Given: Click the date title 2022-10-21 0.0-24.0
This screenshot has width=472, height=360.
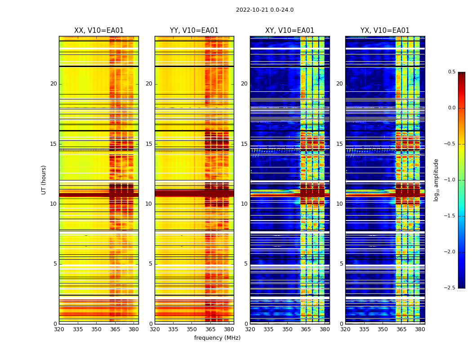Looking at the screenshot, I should (x=264, y=10).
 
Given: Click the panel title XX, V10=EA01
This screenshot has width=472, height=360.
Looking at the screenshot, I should (x=99, y=31).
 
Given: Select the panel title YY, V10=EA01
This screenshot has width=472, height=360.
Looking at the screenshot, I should (x=194, y=31).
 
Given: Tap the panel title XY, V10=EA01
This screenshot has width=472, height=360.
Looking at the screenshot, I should (x=289, y=31).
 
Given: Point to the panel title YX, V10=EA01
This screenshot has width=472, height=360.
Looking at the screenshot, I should (x=385, y=31).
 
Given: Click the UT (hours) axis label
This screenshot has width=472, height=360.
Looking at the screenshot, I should (x=44, y=180).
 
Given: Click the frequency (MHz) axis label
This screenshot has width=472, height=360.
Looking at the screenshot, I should (x=217, y=338).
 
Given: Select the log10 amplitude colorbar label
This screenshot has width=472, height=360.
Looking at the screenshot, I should (x=436, y=180).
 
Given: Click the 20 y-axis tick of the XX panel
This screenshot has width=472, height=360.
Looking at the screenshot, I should (x=53, y=84).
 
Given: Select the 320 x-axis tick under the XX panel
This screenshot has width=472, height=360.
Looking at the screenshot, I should (x=59, y=329).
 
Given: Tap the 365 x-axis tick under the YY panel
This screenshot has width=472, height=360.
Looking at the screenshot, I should (x=210, y=329).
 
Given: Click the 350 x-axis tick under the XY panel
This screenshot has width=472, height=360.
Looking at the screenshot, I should (x=287, y=329).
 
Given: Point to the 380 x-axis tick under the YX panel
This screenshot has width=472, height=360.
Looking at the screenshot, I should (x=420, y=329).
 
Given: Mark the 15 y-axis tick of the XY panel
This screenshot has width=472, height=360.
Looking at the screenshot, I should (x=244, y=144).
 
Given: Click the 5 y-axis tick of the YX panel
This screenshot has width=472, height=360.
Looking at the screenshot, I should (x=342, y=264).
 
